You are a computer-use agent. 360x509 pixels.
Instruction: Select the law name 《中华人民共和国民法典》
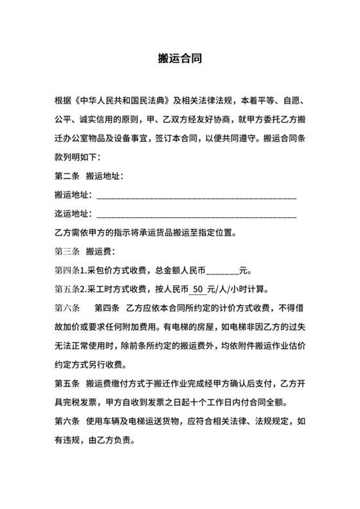pyautogui.click(x=123, y=102)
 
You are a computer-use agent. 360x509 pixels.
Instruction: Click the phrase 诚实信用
pyautogui.click(x=102, y=120)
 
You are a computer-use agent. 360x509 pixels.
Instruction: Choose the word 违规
pyautogui.click(x=75, y=441)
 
